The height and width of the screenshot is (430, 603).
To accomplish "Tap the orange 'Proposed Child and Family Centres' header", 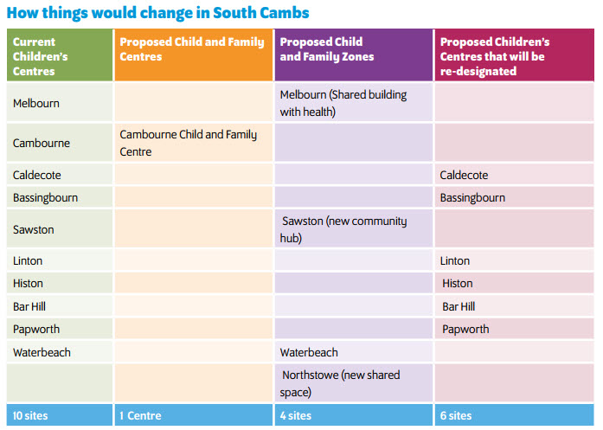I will (x=192, y=48).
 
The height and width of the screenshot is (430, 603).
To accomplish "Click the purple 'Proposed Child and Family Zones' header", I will (x=322, y=48).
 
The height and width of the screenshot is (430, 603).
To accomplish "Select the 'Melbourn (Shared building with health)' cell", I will (x=343, y=102).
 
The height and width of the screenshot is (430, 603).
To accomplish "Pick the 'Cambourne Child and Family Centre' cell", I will (x=189, y=143).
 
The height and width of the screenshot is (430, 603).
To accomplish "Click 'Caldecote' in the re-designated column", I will (x=464, y=175).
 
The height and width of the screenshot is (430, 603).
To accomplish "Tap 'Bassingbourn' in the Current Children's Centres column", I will (x=45, y=197).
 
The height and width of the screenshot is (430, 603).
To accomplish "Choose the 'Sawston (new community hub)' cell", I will (x=343, y=229).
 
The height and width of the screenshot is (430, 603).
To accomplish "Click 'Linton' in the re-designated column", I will (x=454, y=260).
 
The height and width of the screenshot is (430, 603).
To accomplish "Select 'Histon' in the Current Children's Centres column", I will (x=28, y=283).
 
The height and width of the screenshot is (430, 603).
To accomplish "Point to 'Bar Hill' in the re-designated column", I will (x=459, y=306).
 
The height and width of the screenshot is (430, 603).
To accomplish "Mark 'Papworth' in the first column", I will (x=35, y=329).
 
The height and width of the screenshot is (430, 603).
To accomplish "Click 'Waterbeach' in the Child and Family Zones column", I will (x=309, y=352).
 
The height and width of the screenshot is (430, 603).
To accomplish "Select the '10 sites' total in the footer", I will (x=30, y=416).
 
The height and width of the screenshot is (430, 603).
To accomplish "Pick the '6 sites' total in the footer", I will (x=456, y=416).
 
